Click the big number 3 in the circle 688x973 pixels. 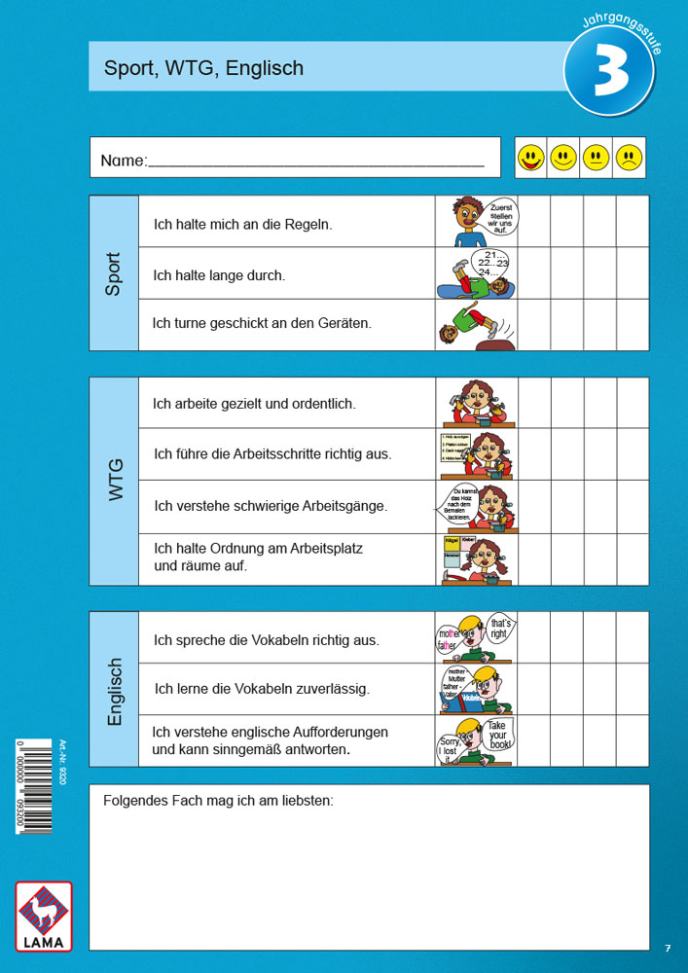[609, 78]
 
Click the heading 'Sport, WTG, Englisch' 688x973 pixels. [204, 68]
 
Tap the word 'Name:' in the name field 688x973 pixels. [124, 161]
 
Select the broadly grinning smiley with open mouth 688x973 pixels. [530, 158]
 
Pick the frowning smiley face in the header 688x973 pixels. [629, 158]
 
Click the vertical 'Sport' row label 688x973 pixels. [114, 273]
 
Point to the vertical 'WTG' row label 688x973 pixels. [116, 481]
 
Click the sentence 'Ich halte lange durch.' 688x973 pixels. [220, 275]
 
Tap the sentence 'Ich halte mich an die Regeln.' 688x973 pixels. [243, 224]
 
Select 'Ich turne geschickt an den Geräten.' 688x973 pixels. [262, 322]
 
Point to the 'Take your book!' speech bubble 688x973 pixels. [497, 736]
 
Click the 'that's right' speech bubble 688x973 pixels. [499, 629]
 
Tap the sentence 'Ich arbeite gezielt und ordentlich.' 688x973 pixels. [254, 403]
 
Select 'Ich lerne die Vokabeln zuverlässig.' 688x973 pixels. [262, 689]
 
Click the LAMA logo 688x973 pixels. [44, 916]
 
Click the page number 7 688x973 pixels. [668, 948]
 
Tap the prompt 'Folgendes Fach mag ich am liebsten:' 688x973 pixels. [218, 801]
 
